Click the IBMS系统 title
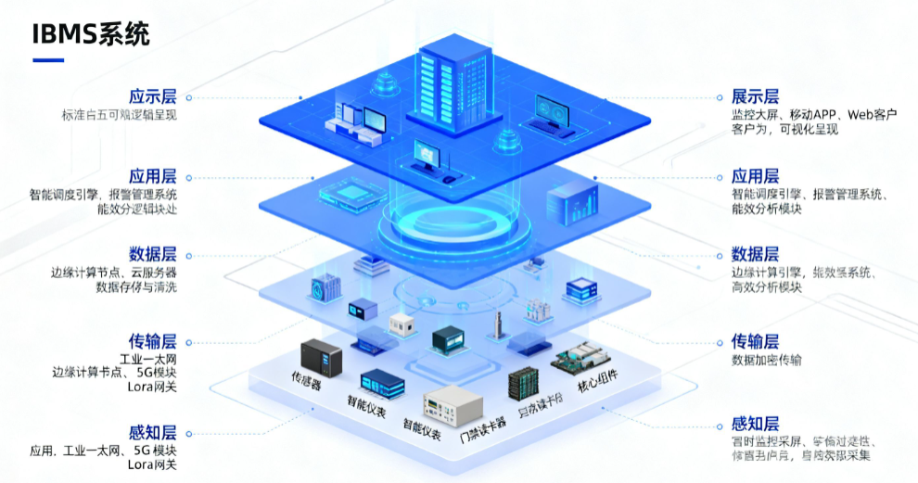coord(91,34)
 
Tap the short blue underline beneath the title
coord(48,60)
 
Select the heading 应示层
coord(153,96)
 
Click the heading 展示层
coord(755,96)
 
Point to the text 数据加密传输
coord(767,360)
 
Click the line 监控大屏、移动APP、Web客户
coord(814,115)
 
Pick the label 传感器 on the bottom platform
coord(307,380)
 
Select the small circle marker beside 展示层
coord(720,96)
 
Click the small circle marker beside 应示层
coord(188,96)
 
